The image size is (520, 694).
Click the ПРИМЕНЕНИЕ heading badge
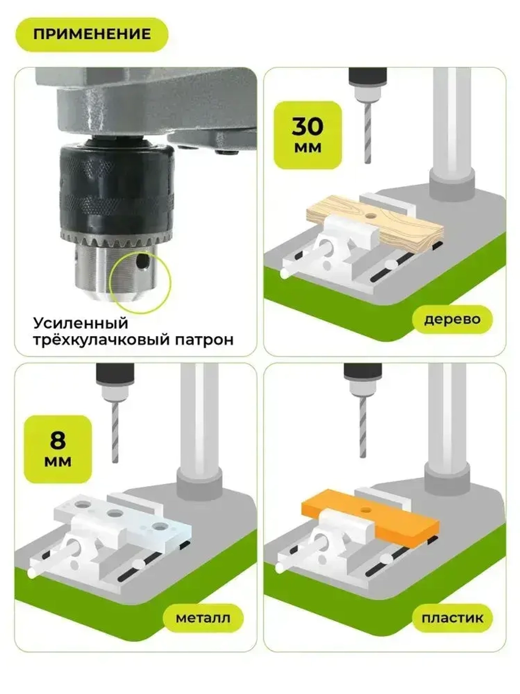92,34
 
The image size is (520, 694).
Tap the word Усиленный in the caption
80,323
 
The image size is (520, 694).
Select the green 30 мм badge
308,135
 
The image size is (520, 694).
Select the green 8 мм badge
58,449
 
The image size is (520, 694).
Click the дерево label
452,319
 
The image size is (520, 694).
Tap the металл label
203,618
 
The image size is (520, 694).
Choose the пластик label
452,618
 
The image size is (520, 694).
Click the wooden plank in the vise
411,226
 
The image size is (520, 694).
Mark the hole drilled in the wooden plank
370,214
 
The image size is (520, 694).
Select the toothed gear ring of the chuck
117,241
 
